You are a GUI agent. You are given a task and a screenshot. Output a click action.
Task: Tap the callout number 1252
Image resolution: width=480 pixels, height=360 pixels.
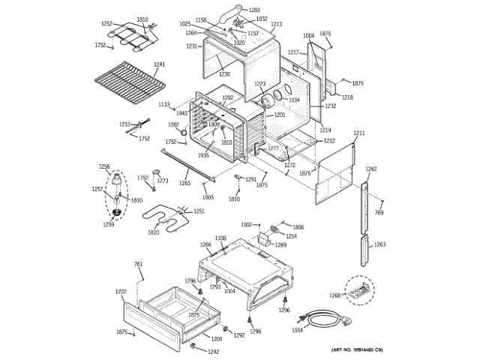tap(106, 23)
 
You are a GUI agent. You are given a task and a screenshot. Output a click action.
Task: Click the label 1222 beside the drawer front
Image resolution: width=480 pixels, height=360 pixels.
tap(121, 291)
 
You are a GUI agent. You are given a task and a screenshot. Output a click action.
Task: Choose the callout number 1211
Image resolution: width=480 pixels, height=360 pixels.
tap(358, 133)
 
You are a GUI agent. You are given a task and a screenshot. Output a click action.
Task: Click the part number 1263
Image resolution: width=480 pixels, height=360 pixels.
tap(380, 244)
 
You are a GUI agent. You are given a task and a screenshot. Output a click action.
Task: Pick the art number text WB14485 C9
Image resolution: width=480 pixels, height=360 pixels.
tap(358, 350)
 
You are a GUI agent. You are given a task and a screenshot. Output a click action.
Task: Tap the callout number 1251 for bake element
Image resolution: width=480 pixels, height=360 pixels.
tap(199, 211)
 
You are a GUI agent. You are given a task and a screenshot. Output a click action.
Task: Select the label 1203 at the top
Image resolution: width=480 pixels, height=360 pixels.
tap(254, 10)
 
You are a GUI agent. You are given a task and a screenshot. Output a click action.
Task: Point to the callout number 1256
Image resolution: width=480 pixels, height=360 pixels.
tap(104, 166)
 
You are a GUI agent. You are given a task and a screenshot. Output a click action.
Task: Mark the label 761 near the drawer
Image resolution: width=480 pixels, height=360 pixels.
tap(138, 264)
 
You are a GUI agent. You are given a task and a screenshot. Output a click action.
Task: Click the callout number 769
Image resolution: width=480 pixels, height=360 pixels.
tap(379, 213)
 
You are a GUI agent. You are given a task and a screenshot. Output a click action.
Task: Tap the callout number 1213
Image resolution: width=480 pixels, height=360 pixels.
tap(277, 25)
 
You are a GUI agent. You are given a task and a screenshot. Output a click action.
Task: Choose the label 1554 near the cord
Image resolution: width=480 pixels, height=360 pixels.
tap(297, 330)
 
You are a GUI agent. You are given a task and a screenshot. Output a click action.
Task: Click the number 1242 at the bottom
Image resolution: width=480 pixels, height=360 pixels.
tap(214, 352)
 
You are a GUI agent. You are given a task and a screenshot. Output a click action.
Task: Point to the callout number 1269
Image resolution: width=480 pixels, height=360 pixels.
tap(280, 244)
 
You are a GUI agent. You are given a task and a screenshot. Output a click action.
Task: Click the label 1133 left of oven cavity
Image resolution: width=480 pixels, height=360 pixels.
tap(164, 104)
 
